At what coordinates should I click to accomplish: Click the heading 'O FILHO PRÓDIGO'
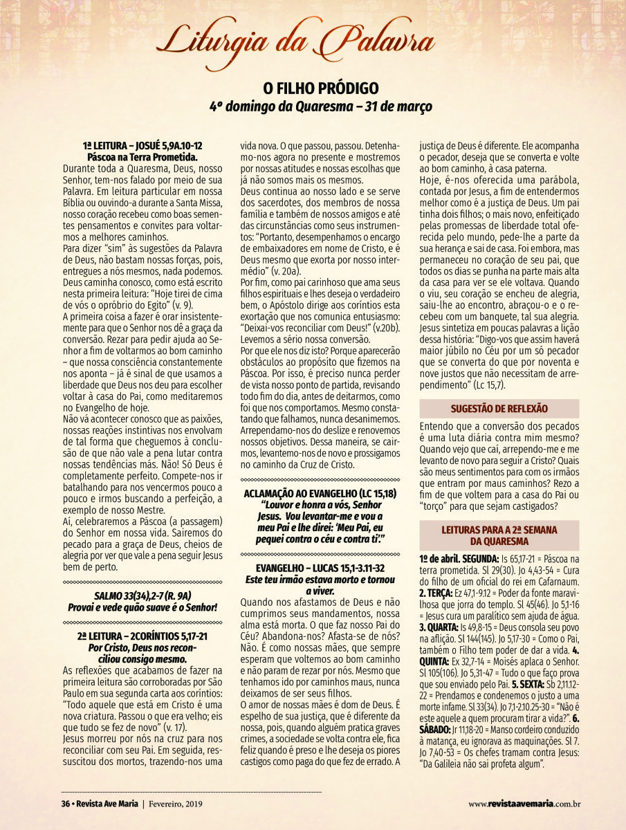coord(320,89)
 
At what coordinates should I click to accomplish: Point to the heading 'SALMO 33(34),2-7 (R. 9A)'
coord(142,596)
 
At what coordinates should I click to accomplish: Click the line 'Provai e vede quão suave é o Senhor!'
coord(142,607)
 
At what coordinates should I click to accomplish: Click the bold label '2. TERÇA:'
coord(436,593)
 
